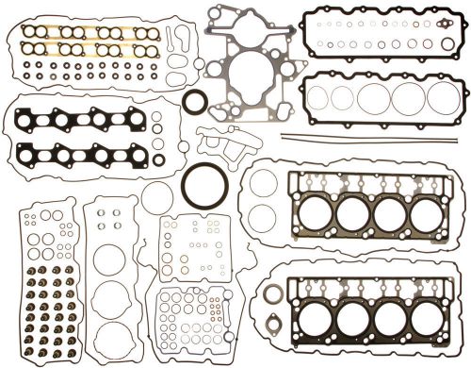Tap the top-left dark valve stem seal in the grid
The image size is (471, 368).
coord(28,272)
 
